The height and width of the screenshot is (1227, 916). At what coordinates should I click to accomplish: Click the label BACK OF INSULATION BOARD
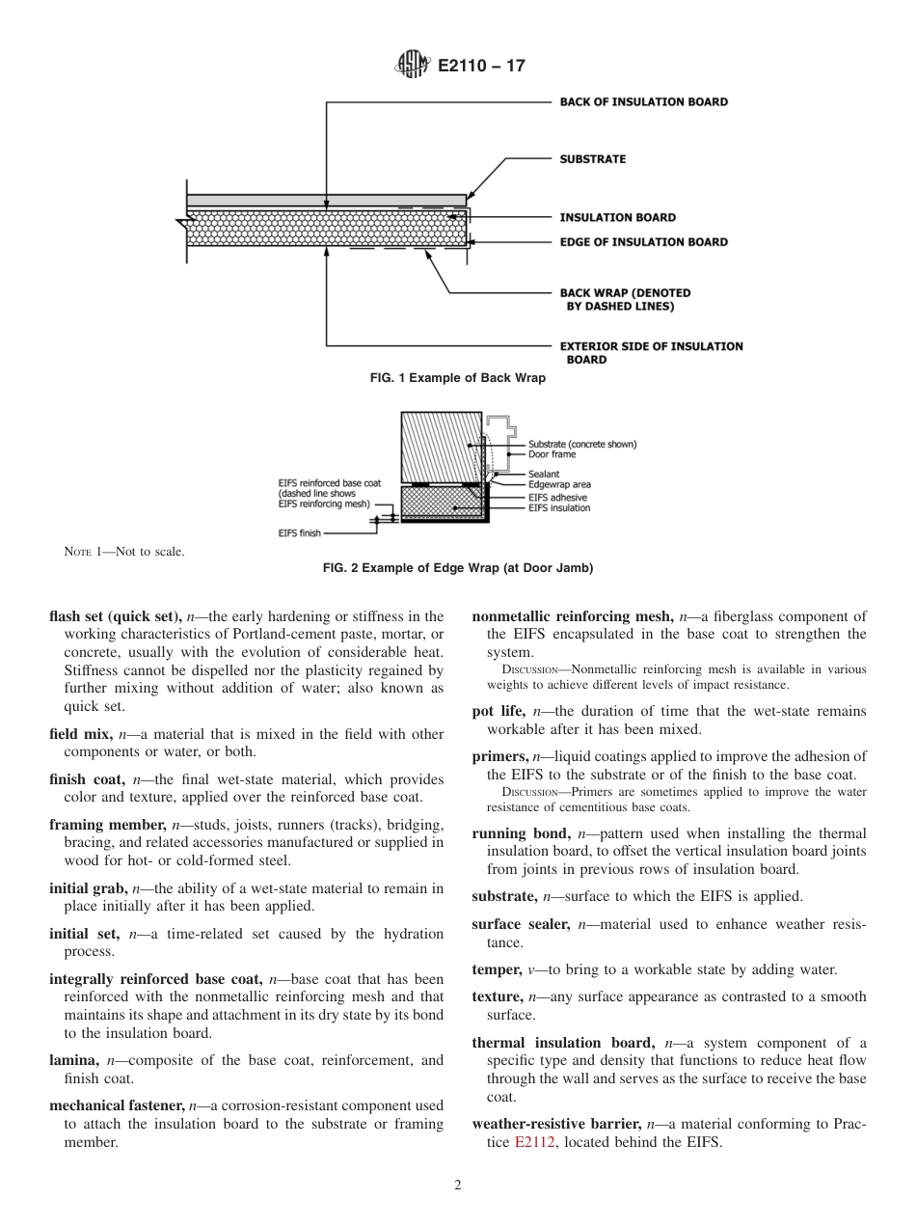coord(643,101)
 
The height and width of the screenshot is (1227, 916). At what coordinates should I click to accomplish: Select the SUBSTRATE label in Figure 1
coord(592,159)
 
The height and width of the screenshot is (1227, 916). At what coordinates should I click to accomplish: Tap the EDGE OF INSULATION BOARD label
coord(643,242)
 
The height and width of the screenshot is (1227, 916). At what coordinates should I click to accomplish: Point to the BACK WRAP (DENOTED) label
coord(625,293)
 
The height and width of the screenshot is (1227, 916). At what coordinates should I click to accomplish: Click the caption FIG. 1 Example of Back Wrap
coord(458,378)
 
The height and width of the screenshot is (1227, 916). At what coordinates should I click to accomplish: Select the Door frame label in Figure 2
coord(552,453)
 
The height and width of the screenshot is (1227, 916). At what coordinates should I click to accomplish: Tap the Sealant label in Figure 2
coord(544,475)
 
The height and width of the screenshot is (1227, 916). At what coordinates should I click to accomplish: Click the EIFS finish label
coord(300,532)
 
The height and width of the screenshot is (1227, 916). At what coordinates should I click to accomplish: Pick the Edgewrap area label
coord(559,484)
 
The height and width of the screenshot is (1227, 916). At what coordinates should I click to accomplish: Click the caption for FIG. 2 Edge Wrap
coord(458,568)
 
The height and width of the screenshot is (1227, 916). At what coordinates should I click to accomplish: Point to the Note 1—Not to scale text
coord(123,552)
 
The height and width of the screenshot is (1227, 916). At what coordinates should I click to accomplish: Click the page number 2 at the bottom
coord(458,1186)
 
